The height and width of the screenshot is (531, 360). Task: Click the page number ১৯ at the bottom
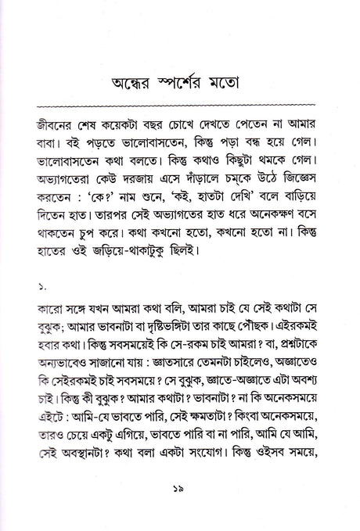pos(181,511)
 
